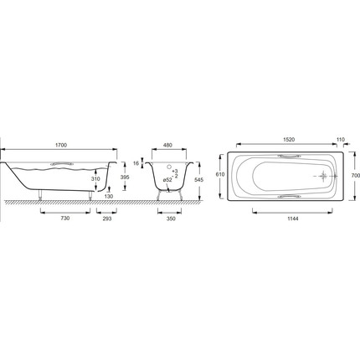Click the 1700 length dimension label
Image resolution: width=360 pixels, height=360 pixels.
61,145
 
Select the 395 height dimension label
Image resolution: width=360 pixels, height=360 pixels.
125,177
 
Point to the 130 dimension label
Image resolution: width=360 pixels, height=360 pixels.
109,197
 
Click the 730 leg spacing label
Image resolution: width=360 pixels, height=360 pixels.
65,219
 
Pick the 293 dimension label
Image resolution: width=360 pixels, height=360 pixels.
107,219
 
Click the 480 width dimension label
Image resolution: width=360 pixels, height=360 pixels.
168,145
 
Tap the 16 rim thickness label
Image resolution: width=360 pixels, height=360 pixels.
136,163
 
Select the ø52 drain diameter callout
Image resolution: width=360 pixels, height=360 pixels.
167,180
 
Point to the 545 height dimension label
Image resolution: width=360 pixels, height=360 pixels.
199,180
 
